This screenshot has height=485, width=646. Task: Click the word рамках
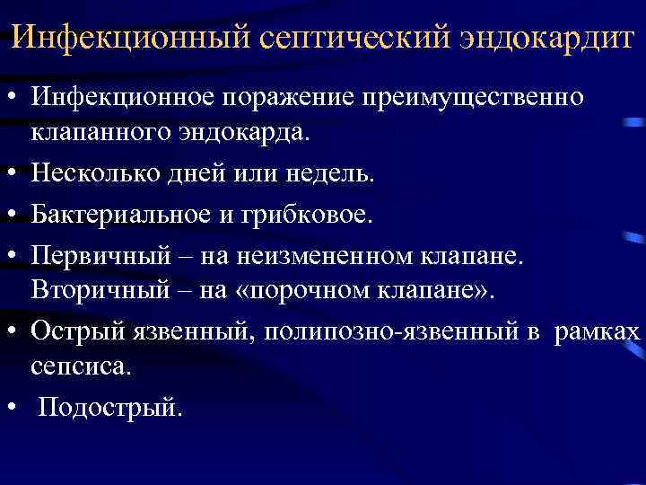point(598,331)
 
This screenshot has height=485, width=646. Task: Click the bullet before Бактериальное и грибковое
point(14,215)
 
